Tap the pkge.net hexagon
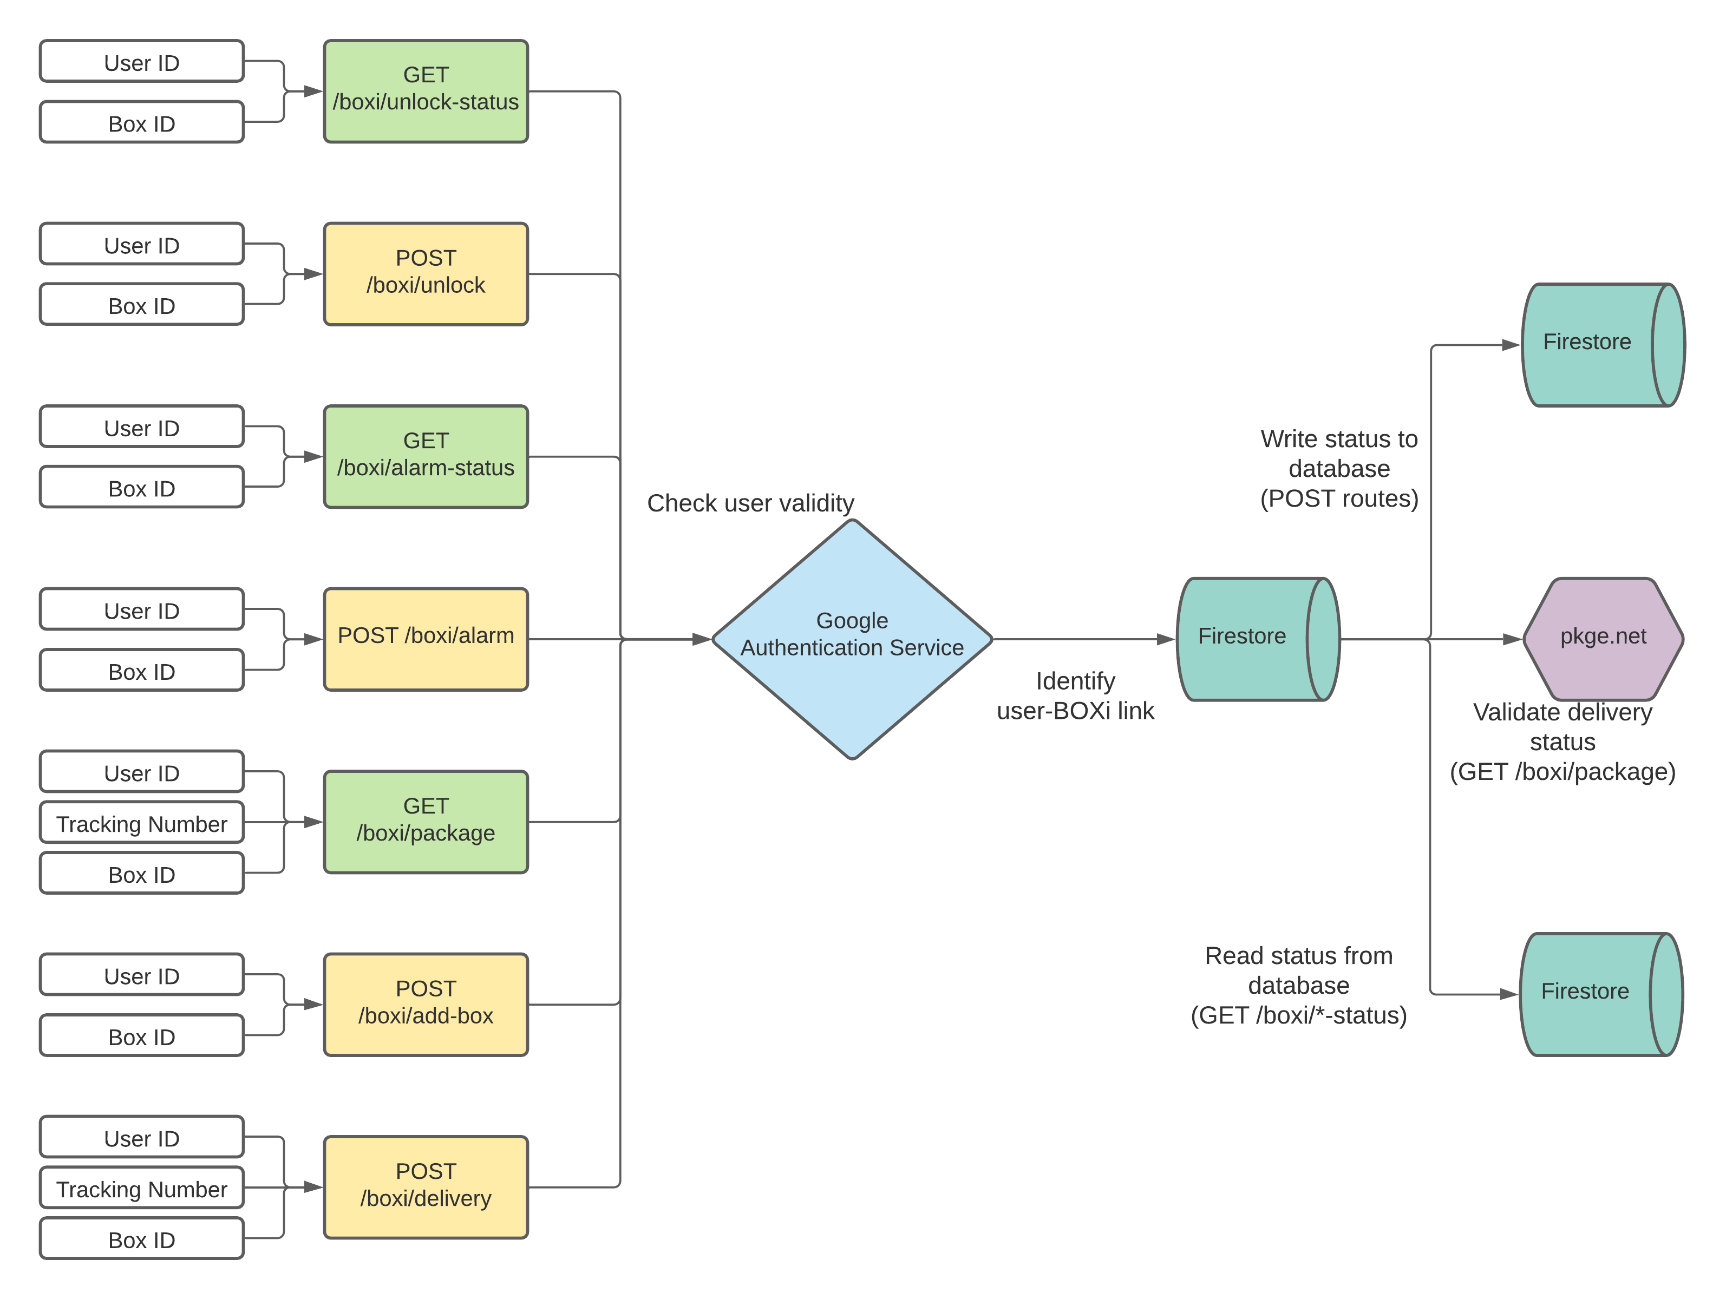[1603, 638]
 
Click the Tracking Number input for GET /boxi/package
[142, 823]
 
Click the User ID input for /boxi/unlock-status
[142, 62]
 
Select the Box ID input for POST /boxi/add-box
[142, 1036]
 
